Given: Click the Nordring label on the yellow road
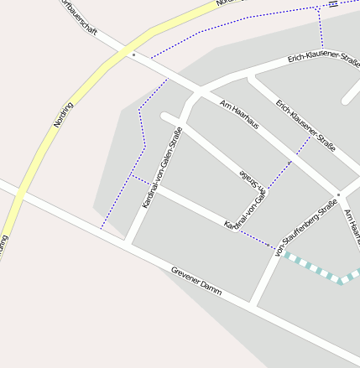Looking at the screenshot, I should (x=64, y=115).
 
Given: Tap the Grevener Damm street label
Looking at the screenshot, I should (x=196, y=281).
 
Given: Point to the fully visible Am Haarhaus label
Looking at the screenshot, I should (x=239, y=114).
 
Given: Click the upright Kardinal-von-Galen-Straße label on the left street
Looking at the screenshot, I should (x=162, y=168).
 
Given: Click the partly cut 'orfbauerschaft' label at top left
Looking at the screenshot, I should (x=81, y=18).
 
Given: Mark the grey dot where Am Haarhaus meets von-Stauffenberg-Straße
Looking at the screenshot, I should (x=338, y=193).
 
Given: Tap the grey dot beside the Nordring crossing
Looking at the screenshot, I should (x=133, y=54).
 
